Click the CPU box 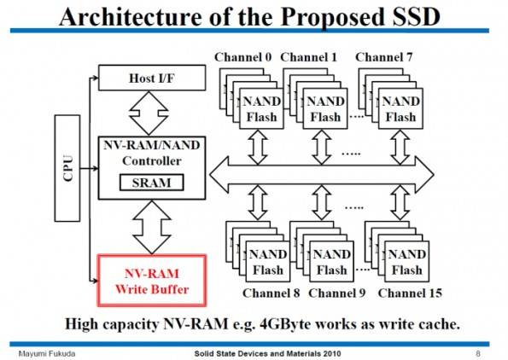coord(67,168)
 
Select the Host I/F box coord(152,78)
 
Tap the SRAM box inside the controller coord(152,183)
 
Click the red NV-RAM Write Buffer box coord(152,281)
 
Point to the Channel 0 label coord(243,57)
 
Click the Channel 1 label coord(309,57)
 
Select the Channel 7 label coord(384,57)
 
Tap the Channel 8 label coord(272,293)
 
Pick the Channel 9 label coord(337,293)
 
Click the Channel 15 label coord(410,293)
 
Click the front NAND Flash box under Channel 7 coord(400,109)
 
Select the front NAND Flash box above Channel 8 coord(268,262)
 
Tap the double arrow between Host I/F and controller coord(149,113)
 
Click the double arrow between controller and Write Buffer coord(152,227)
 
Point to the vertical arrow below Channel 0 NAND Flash coord(258,148)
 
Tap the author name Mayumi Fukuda coord(47,354)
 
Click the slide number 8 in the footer coord(478,353)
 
